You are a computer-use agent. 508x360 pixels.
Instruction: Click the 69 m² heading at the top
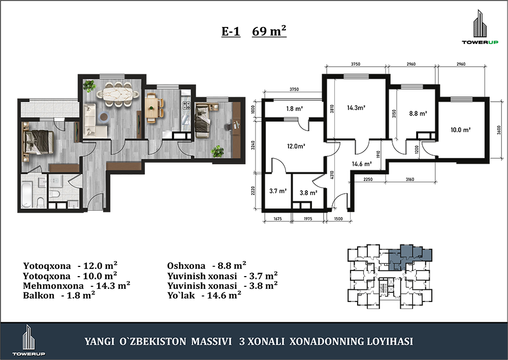coord(269,31)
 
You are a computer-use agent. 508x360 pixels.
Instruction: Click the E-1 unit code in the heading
coord(231,32)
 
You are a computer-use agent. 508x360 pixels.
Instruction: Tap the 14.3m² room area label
coord(357,108)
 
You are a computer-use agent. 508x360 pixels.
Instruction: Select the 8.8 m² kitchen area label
coord(418,113)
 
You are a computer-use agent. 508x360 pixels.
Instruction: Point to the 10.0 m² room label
coord(460,130)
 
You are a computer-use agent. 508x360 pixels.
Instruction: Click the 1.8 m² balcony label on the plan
coord(295,109)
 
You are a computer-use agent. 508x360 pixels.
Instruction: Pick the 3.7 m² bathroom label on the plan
coord(278,191)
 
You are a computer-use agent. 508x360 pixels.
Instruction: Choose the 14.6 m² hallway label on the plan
coord(362,164)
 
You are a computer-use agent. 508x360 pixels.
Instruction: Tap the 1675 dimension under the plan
coord(278,219)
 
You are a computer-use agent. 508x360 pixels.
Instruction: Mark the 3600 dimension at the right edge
coord(499,130)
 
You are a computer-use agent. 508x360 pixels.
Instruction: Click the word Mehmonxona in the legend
coord(53,286)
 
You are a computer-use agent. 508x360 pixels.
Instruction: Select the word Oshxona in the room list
coord(186,266)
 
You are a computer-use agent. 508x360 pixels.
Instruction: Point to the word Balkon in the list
coord(39,295)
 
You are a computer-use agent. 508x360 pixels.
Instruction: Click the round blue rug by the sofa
coord(104,117)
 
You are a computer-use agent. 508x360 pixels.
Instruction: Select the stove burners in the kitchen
coord(186,105)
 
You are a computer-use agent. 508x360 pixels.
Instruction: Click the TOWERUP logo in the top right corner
coord(480,27)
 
